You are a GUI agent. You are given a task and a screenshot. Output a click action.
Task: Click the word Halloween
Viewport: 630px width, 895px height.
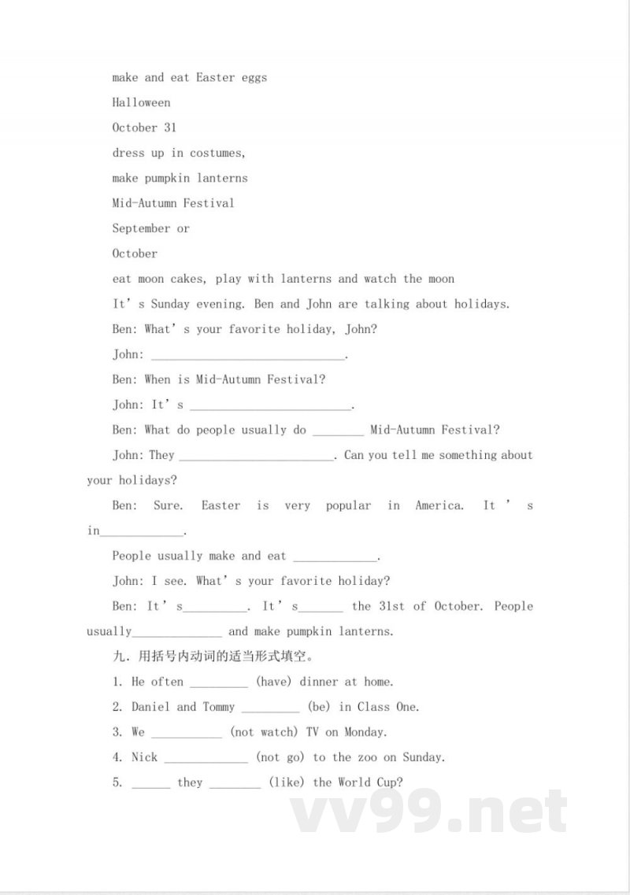[141, 102]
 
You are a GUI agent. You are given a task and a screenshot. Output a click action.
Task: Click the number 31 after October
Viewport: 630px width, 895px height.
[170, 128]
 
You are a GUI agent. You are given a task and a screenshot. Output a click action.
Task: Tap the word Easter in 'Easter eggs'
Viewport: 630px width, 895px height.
[215, 77]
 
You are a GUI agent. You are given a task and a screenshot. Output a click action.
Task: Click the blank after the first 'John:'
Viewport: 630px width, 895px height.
[247, 356]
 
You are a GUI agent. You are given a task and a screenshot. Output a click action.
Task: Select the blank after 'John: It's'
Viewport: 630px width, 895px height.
[271, 406]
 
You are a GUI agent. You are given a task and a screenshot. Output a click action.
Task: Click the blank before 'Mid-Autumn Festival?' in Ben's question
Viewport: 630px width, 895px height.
[338, 431]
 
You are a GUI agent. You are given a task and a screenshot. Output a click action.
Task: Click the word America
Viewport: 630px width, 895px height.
[439, 505]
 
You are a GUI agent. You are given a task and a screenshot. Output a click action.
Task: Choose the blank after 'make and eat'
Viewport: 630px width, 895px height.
[335, 557]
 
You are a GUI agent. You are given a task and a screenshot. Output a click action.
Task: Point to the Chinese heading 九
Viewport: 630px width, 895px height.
[118, 656]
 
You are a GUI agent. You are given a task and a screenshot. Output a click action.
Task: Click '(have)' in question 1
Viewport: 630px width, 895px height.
[274, 682]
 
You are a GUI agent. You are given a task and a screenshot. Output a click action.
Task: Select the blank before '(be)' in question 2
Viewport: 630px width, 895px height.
[270, 708]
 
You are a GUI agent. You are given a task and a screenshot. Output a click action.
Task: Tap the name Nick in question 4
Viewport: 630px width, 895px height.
[145, 757]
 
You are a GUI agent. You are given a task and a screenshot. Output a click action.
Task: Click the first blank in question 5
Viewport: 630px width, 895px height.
[151, 784]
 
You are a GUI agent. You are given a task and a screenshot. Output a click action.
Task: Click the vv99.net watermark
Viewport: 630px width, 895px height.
[429, 811]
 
